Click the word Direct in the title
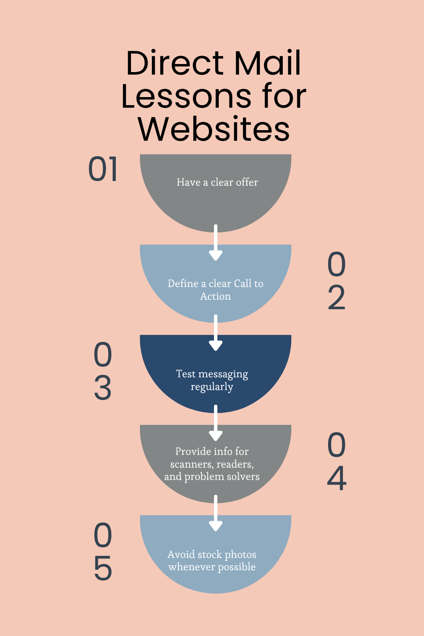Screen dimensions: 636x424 (175, 64)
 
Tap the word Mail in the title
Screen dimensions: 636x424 (268, 64)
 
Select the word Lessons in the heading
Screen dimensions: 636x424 (186, 97)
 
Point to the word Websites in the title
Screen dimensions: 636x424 (214, 129)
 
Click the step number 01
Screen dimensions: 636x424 (103, 170)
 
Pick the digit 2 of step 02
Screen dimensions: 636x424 (337, 298)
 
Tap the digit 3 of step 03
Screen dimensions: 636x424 (103, 388)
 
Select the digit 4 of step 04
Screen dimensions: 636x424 (337, 478)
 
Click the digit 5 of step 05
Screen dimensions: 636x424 (103, 568)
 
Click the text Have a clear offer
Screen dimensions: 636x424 (217, 182)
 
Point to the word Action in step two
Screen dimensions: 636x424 (215, 296)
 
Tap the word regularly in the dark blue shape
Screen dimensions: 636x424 (212, 387)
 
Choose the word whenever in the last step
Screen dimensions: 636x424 (192, 567)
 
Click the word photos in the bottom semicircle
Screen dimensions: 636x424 (240, 555)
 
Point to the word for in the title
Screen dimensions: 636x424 (284, 97)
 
